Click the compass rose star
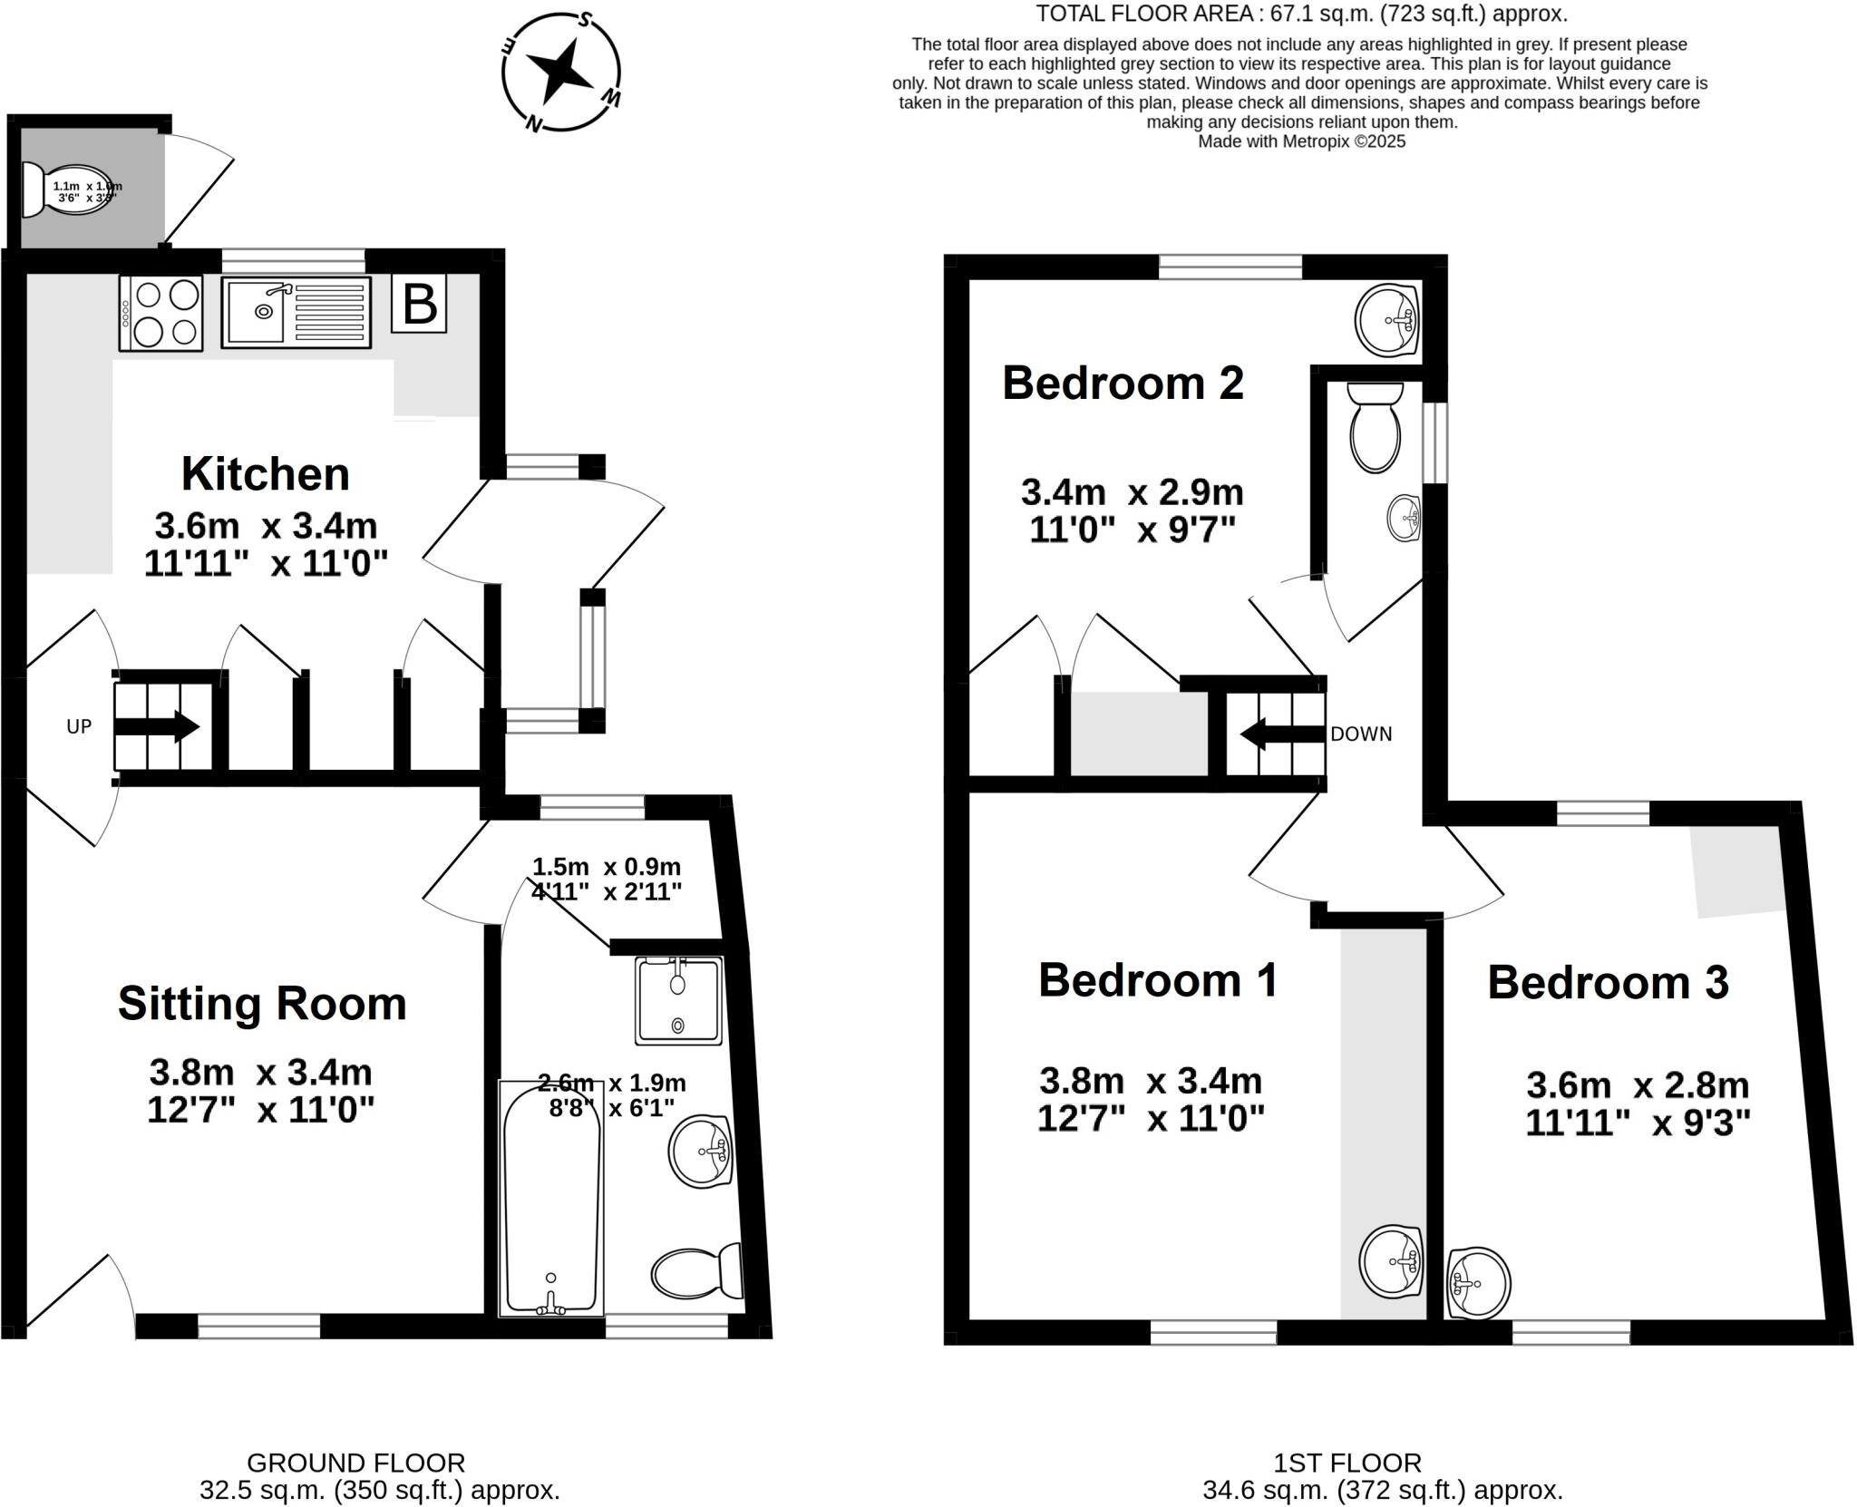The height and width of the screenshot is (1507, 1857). [x=559, y=72]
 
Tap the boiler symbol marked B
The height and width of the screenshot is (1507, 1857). [x=419, y=304]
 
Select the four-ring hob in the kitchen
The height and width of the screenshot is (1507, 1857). [x=161, y=313]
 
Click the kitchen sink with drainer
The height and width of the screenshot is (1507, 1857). [x=297, y=313]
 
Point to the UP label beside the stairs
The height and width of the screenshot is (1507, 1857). [x=79, y=726]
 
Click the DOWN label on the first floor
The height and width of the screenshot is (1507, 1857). [x=1360, y=734]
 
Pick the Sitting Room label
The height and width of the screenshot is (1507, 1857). [x=262, y=1004]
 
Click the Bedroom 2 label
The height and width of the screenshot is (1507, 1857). [x=1123, y=383]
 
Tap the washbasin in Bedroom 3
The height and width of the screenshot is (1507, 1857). [x=1478, y=1282]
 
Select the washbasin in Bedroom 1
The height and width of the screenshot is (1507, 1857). [x=1391, y=1260]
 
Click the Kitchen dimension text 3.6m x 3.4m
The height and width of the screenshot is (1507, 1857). [x=266, y=526]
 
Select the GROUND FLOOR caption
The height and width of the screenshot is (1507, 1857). [x=355, y=1463]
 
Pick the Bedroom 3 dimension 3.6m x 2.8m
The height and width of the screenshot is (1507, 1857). [x=1637, y=1085]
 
